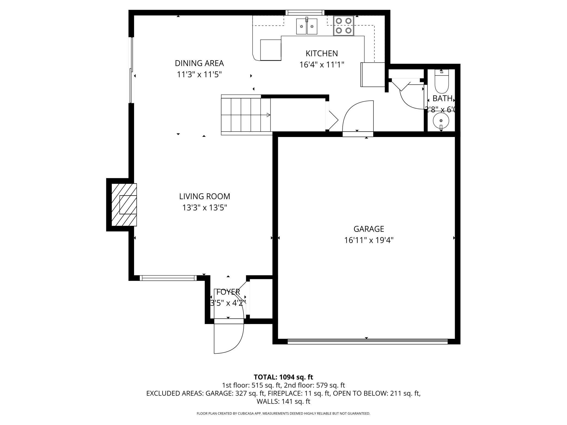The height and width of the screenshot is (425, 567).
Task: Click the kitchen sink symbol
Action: click(307, 26)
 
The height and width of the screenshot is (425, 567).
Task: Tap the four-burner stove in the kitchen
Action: click(343, 26)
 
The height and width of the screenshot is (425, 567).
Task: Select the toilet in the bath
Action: click(441, 82)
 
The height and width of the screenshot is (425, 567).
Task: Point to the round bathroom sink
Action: click(441, 121)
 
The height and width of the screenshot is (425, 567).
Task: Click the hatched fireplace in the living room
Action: click(124, 205)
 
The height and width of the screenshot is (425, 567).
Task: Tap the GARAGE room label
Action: click(369, 229)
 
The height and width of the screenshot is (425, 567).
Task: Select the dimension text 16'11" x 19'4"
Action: click(369, 240)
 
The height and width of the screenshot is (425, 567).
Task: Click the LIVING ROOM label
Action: click(204, 196)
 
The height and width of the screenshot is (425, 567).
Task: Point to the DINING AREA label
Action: click(199, 63)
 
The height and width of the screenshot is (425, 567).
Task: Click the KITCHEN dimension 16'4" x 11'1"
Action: click(322, 65)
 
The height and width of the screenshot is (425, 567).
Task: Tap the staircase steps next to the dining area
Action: click(245, 115)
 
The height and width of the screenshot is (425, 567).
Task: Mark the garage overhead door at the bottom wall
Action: click(367, 341)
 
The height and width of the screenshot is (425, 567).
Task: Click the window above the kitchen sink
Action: click(305, 12)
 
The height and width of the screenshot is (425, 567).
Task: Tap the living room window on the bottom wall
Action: click(168, 278)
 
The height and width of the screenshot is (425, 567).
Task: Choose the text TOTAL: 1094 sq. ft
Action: click(283, 377)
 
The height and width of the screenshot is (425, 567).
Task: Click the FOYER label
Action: click(228, 292)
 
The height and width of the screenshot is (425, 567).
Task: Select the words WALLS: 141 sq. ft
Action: click(283, 401)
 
